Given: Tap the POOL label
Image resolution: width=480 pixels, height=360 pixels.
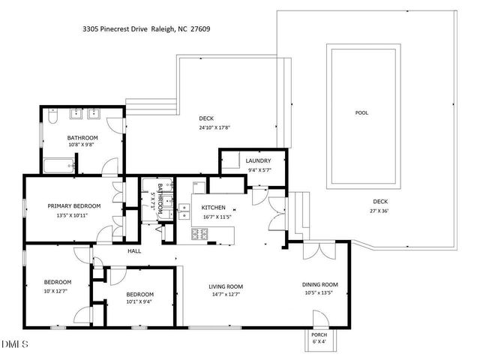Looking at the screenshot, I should (361, 113).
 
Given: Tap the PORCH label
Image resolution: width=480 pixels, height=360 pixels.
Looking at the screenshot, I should (319, 336).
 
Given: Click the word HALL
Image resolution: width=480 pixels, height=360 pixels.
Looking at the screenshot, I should (134, 251).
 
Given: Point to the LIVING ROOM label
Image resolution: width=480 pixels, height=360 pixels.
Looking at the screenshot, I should (225, 286).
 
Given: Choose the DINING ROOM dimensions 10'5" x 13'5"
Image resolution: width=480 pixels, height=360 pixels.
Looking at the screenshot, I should (319, 292).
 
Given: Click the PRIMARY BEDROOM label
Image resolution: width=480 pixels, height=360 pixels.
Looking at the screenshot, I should (73, 206).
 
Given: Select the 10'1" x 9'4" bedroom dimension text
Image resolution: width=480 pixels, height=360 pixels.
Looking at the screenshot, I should (139, 302).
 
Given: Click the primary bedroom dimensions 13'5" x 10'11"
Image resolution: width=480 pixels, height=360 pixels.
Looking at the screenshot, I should (73, 215).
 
